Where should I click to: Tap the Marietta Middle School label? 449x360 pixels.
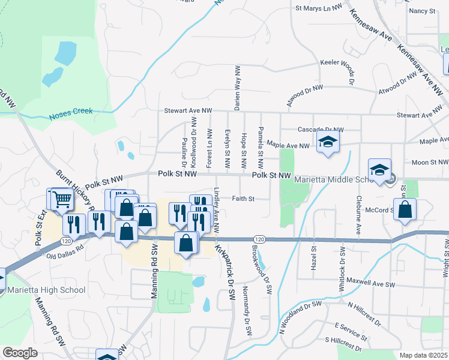[334, 180]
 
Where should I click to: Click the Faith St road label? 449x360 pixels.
[244, 199]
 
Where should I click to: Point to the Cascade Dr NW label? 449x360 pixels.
[321, 130]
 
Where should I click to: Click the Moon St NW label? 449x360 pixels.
[430, 163]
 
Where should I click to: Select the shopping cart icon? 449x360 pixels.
[62, 200]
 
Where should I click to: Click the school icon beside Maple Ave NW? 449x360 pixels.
[328, 142]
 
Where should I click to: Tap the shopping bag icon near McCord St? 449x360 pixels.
[405, 209]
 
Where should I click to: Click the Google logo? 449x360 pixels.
[20, 353]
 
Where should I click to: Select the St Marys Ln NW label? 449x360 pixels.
[318, 8]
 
